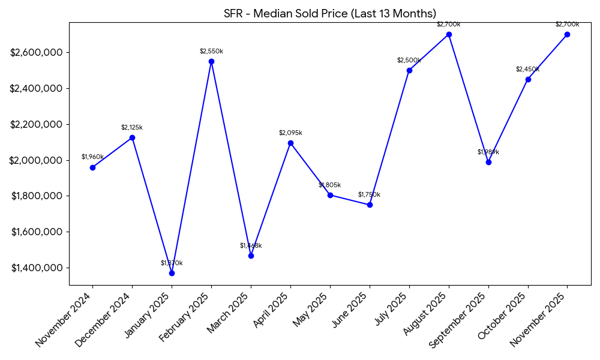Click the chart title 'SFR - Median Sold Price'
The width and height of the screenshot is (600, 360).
tap(330, 14)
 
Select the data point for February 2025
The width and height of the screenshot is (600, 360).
tap(211, 61)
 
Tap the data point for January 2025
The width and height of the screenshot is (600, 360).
tap(172, 273)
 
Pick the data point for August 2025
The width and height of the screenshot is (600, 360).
tap(449, 34)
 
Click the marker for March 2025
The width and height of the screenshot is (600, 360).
tap(251, 256)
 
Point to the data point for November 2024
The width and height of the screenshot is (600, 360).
tap(92, 167)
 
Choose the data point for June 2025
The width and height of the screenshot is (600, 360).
tap(370, 205)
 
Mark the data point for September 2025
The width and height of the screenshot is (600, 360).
tap(488, 162)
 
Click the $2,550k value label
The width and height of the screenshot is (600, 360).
tap(211, 52)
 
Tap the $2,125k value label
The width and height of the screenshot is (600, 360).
tap(132, 128)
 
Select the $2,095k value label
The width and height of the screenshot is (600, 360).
tap(290, 133)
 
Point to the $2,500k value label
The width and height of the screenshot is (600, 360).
tap(409, 61)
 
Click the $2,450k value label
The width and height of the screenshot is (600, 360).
tap(528, 70)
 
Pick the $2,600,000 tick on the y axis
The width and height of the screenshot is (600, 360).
tap(37, 53)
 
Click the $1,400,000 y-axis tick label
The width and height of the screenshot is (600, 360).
tap(37, 268)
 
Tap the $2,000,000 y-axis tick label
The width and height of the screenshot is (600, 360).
tap(37, 160)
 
